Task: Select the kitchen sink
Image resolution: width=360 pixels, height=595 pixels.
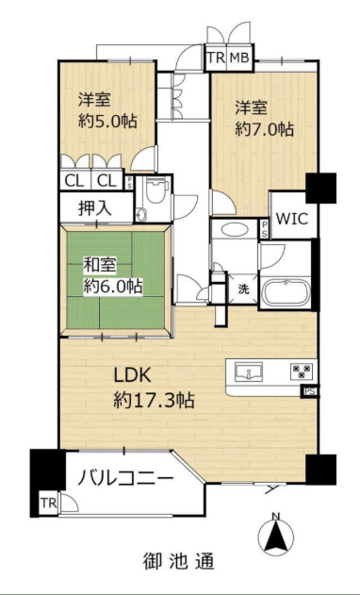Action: click(249, 372)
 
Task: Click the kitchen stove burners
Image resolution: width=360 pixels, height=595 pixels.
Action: click(302, 371)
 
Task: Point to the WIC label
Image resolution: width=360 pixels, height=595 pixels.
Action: click(292, 219)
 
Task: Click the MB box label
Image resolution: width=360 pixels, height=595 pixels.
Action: click(239, 58)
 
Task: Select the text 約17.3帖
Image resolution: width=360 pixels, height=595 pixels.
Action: click(155, 400)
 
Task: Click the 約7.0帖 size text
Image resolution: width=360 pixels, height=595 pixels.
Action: click(265, 130)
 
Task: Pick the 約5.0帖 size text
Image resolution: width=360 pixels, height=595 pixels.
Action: click(107, 122)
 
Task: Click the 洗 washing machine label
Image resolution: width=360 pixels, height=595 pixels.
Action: click(244, 289)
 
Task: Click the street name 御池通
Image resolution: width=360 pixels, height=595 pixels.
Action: click(179, 561)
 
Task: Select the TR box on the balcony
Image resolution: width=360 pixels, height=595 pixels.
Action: click(49, 504)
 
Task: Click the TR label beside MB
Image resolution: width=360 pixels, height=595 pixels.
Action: click(216, 58)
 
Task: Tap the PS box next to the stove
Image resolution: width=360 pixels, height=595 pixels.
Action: click(309, 391)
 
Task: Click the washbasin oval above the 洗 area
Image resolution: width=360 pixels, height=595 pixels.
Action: click(235, 229)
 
